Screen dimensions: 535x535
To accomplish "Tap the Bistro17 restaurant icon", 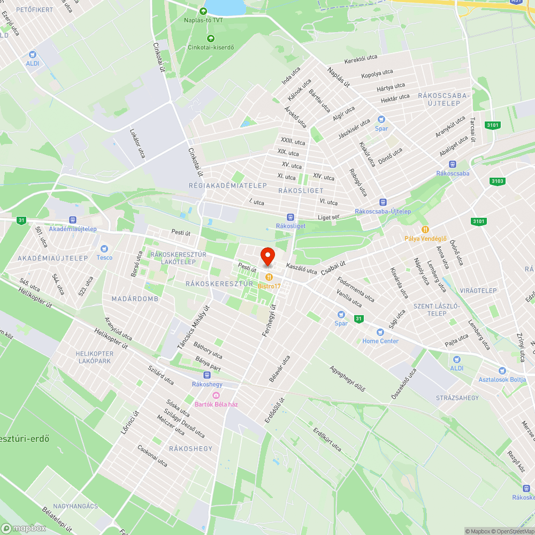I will click(269, 277).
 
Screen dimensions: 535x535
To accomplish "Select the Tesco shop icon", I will click(104, 249).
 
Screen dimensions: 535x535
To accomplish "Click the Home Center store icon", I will click(380, 332).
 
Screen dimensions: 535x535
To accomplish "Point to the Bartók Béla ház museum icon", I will click(216, 395).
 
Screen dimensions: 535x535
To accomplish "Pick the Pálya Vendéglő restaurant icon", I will click(425, 230).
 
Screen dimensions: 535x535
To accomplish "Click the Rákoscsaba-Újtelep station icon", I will click(383, 202).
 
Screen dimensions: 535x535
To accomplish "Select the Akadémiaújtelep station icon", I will click(72, 220).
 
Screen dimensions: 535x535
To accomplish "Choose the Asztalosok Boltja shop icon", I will click(502, 371).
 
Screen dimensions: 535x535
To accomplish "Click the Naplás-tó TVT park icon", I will click(203, 11).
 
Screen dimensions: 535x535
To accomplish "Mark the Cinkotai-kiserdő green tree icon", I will click(210, 38).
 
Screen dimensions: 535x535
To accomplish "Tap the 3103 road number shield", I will click(497, 181).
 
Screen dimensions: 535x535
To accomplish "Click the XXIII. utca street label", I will click(293, 142).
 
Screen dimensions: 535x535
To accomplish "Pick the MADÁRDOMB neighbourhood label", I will click(135, 299).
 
